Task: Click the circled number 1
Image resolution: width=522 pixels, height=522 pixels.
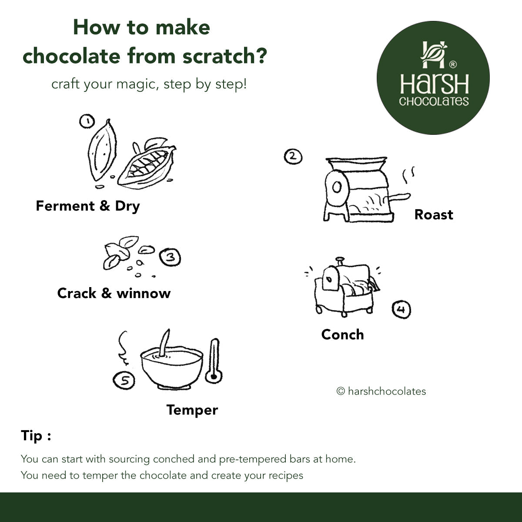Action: click(87, 121)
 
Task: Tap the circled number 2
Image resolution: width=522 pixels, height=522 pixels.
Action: click(293, 157)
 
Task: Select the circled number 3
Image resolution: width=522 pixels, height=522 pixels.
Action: click(170, 257)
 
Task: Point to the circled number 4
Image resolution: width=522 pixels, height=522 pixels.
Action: click(402, 309)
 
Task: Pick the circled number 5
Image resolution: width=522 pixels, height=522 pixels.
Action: click(124, 380)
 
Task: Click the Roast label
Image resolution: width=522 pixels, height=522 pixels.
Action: click(434, 215)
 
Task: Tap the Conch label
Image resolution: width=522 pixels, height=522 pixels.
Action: click(342, 335)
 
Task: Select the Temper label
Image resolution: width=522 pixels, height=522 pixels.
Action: click(192, 410)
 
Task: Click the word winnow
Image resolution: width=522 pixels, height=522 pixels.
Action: click(144, 294)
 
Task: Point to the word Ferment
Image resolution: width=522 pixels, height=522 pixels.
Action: click(65, 206)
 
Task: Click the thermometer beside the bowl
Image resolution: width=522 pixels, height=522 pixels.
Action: click(214, 361)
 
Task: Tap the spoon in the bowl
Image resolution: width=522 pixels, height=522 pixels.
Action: click(164, 343)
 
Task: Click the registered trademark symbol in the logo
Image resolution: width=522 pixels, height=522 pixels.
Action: click(453, 64)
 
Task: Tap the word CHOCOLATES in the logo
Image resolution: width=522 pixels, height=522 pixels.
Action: click(434, 101)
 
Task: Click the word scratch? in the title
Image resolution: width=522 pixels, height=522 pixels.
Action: click(225, 56)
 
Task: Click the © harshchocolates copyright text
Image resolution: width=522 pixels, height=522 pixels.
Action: click(381, 391)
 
